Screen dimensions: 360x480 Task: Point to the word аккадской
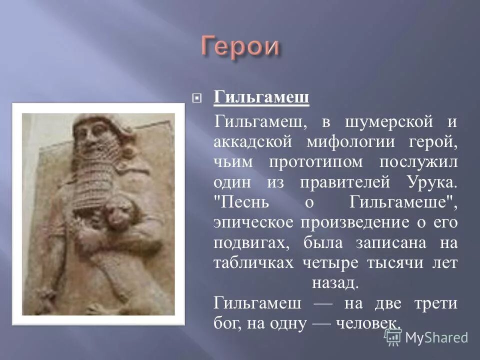pos(252,142)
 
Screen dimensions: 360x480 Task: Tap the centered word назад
pos(335,283)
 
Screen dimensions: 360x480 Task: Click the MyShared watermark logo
pos(426,337)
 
